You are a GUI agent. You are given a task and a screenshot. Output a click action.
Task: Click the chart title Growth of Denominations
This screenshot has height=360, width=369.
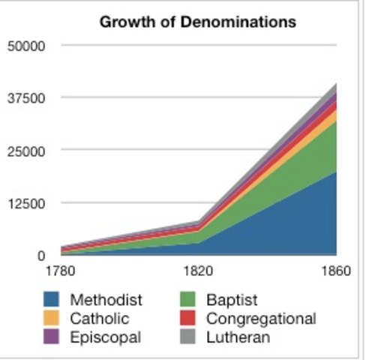(x=198, y=22)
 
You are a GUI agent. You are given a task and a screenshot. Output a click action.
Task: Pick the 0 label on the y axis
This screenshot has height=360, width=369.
(x=41, y=256)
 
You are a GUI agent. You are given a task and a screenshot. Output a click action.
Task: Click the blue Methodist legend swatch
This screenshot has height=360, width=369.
(x=52, y=300)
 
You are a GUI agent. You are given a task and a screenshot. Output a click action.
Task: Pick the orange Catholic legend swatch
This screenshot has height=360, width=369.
(x=52, y=319)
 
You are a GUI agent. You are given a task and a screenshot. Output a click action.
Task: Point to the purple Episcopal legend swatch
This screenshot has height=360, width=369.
(x=52, y=337)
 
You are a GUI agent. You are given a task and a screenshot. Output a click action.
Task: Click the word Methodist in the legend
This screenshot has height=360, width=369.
(x=106, y=300)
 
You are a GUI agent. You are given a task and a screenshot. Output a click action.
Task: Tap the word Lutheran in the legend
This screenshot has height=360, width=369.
(x=238, y=337)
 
